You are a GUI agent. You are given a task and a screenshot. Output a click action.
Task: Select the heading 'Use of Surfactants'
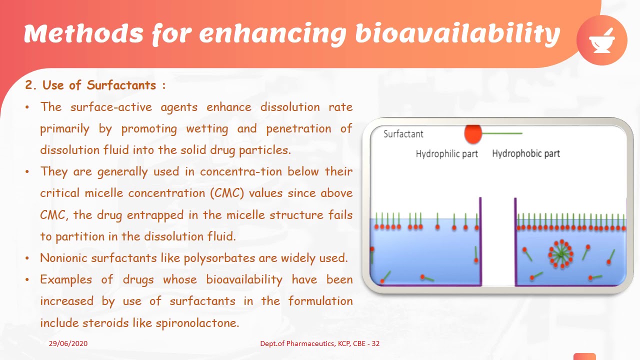(99, 85)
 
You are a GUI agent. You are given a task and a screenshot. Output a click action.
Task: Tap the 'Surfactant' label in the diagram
(403, 134)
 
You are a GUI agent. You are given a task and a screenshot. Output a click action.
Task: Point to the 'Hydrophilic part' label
(446, 154)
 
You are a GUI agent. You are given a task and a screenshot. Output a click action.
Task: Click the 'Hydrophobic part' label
(525, 153)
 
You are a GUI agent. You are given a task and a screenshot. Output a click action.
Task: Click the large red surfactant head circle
(473, 133)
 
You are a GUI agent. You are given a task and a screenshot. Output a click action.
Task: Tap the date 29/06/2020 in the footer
(68, 343)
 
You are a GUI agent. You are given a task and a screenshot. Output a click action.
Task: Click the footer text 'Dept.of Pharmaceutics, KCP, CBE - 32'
(319, 343)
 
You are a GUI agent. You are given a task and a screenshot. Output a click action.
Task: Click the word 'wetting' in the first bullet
(207, 128)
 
